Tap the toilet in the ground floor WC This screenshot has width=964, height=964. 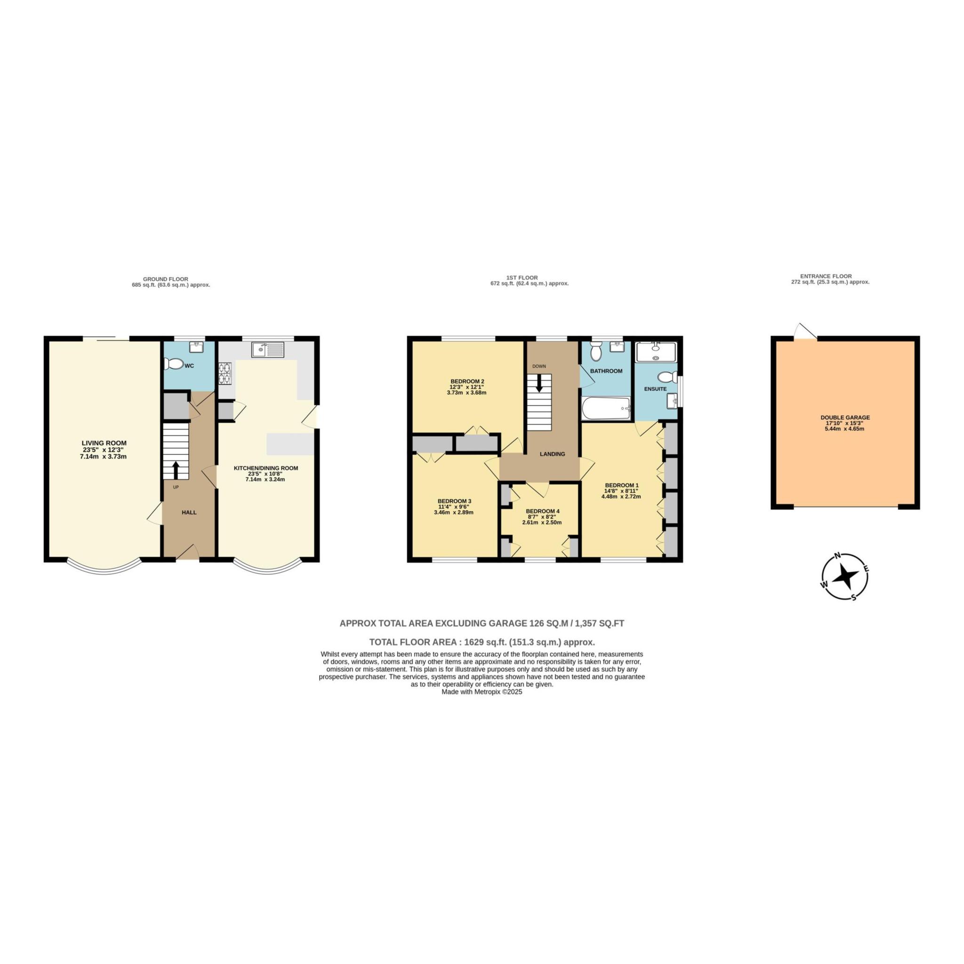[175, 365]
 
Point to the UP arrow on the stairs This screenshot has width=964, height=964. [176, 469]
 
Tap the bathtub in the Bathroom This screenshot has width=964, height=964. [605, 408]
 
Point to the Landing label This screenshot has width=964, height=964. [552, 454]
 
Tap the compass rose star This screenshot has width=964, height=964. [845, 576]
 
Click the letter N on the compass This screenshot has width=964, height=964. [839, 556]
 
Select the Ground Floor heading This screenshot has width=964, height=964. [165, 279]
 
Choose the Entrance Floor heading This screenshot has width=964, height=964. [826, 276]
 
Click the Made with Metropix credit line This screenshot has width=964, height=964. [482, 692]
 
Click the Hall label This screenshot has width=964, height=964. [189, 513]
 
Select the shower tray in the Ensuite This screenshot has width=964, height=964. [655, 351]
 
